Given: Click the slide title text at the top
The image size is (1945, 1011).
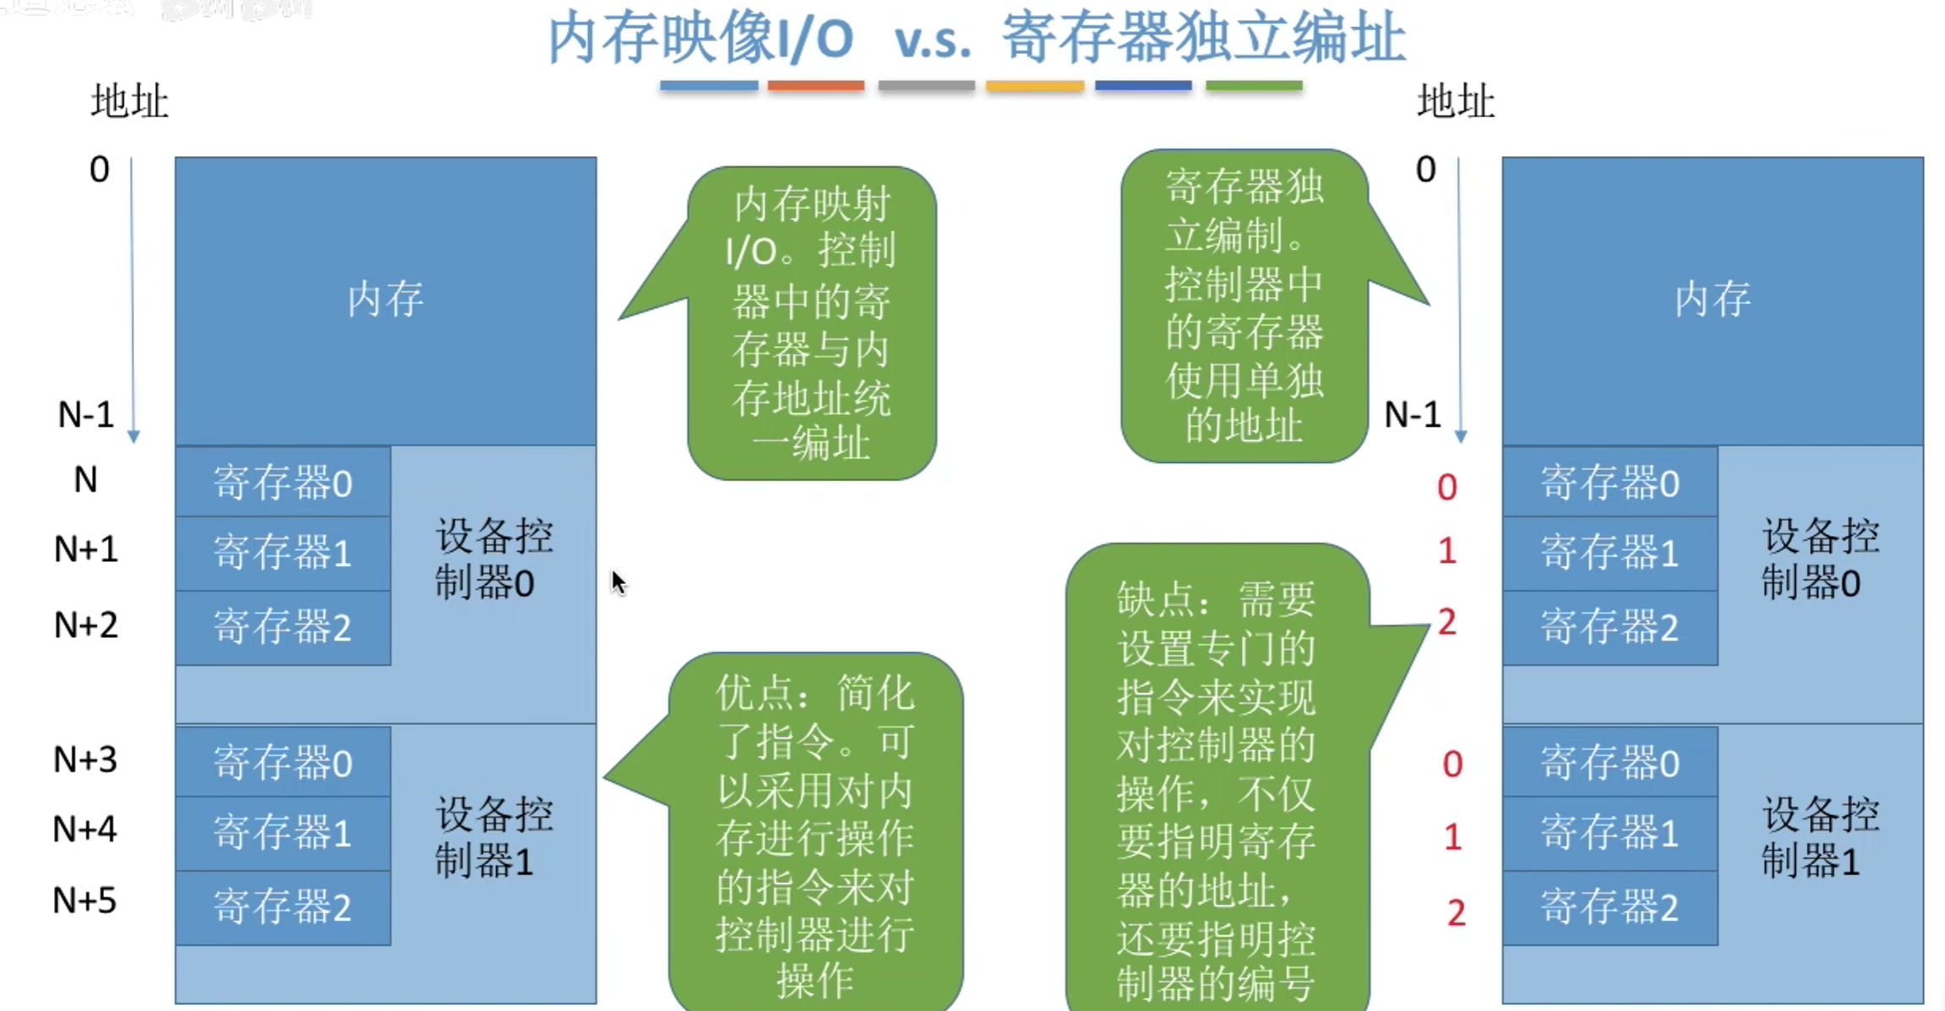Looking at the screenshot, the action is pos(976,39).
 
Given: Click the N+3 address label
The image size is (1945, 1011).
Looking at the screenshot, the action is pos(85,760).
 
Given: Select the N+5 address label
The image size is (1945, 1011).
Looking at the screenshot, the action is pos(84,900).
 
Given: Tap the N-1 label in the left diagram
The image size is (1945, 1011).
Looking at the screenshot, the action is pos(85,414).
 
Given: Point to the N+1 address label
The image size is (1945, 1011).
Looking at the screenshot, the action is pos(86,549).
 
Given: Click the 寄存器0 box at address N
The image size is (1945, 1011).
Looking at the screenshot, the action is pos(283,483).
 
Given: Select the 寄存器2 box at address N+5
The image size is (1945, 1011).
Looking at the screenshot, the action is pos(283,907).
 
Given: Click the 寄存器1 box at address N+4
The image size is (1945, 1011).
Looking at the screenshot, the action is pos(283,833).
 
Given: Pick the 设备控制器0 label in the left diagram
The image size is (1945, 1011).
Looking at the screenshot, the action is pos(493,559).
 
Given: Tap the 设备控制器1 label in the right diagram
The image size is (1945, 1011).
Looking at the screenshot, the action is pos(1820,838).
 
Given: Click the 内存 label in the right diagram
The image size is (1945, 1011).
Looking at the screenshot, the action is pos(1712,300).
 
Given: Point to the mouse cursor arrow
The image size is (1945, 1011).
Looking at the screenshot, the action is pos(619,582).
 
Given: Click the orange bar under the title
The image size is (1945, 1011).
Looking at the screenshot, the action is pos(816,86).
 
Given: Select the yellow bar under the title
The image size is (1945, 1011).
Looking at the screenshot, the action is pos(1035,86).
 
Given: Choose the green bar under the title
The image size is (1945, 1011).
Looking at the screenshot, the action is pos(1254,86).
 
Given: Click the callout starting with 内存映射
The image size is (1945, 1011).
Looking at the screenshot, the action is pos(811,323).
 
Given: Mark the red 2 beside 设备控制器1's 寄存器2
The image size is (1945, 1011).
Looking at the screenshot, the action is pos(1456,912).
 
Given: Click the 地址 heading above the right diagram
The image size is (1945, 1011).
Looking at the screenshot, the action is pos(1456,101).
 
